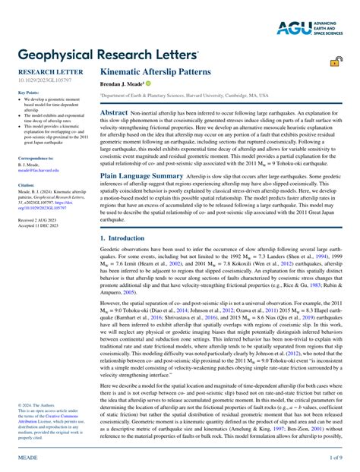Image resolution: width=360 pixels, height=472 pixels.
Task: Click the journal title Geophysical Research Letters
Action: (x=108, y=56)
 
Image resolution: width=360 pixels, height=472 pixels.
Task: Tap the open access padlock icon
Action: (x=333, y=65)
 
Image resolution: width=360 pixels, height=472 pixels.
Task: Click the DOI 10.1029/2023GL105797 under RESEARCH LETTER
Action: (x=43, y=79)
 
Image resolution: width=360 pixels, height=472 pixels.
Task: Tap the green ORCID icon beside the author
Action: (x=149, y=83)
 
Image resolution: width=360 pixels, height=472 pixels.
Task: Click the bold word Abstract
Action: (x=114, y=112)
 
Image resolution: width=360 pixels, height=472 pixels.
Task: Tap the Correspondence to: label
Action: (x=36, y=158)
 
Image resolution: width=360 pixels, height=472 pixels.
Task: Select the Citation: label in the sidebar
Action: (x=27, y=184)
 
